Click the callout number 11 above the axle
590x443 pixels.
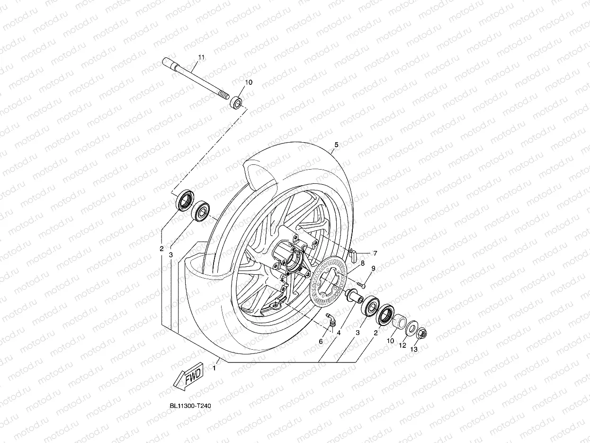201,57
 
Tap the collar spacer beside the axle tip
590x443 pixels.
236,102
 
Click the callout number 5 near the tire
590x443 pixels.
336,145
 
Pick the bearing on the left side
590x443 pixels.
201,211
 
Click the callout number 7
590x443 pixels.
375,253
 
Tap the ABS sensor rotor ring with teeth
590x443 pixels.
328,282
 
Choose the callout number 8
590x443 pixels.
362,263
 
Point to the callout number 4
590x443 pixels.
339,333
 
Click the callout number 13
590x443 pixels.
414,350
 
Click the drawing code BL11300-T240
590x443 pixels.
190,407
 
